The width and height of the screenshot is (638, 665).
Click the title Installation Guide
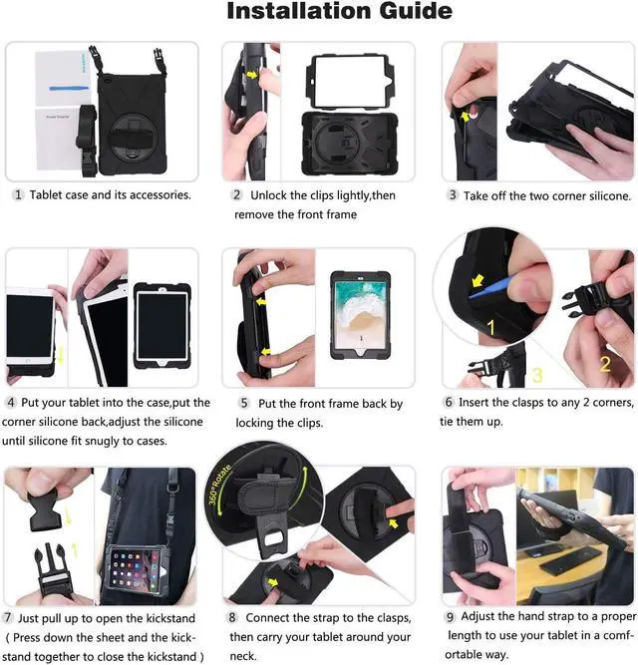point(339,13)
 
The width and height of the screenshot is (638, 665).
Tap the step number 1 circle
point(17,194)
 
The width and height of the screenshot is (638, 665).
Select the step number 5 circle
point(242,404)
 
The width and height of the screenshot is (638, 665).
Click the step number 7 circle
point(9,619)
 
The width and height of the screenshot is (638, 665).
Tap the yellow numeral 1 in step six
point(490,327)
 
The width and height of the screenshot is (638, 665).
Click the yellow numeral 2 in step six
point(604,364)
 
